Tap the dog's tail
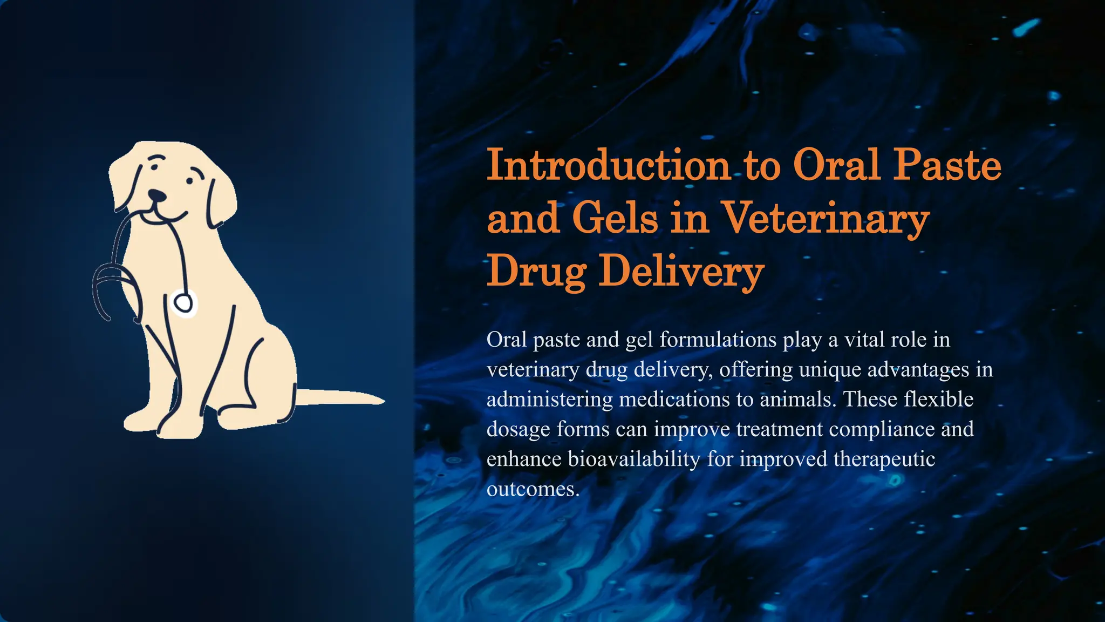pyautogui.click(x=340, y=398)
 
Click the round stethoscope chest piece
pyautogui.click(x=183, y=302)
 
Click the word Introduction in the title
pyautogui.click(x=609, y=165)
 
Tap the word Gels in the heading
pyautogui.click(x=615, y=218)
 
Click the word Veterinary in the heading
pyautogui.click(x=826, y=218)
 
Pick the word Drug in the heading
pyautogui.click(x=536, y=271)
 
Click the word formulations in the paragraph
pyautogui.click(x=718, y=340)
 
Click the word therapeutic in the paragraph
pyautogui.click(x=884, y=459)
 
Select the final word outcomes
pyautogui.click(x=533, y=489)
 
